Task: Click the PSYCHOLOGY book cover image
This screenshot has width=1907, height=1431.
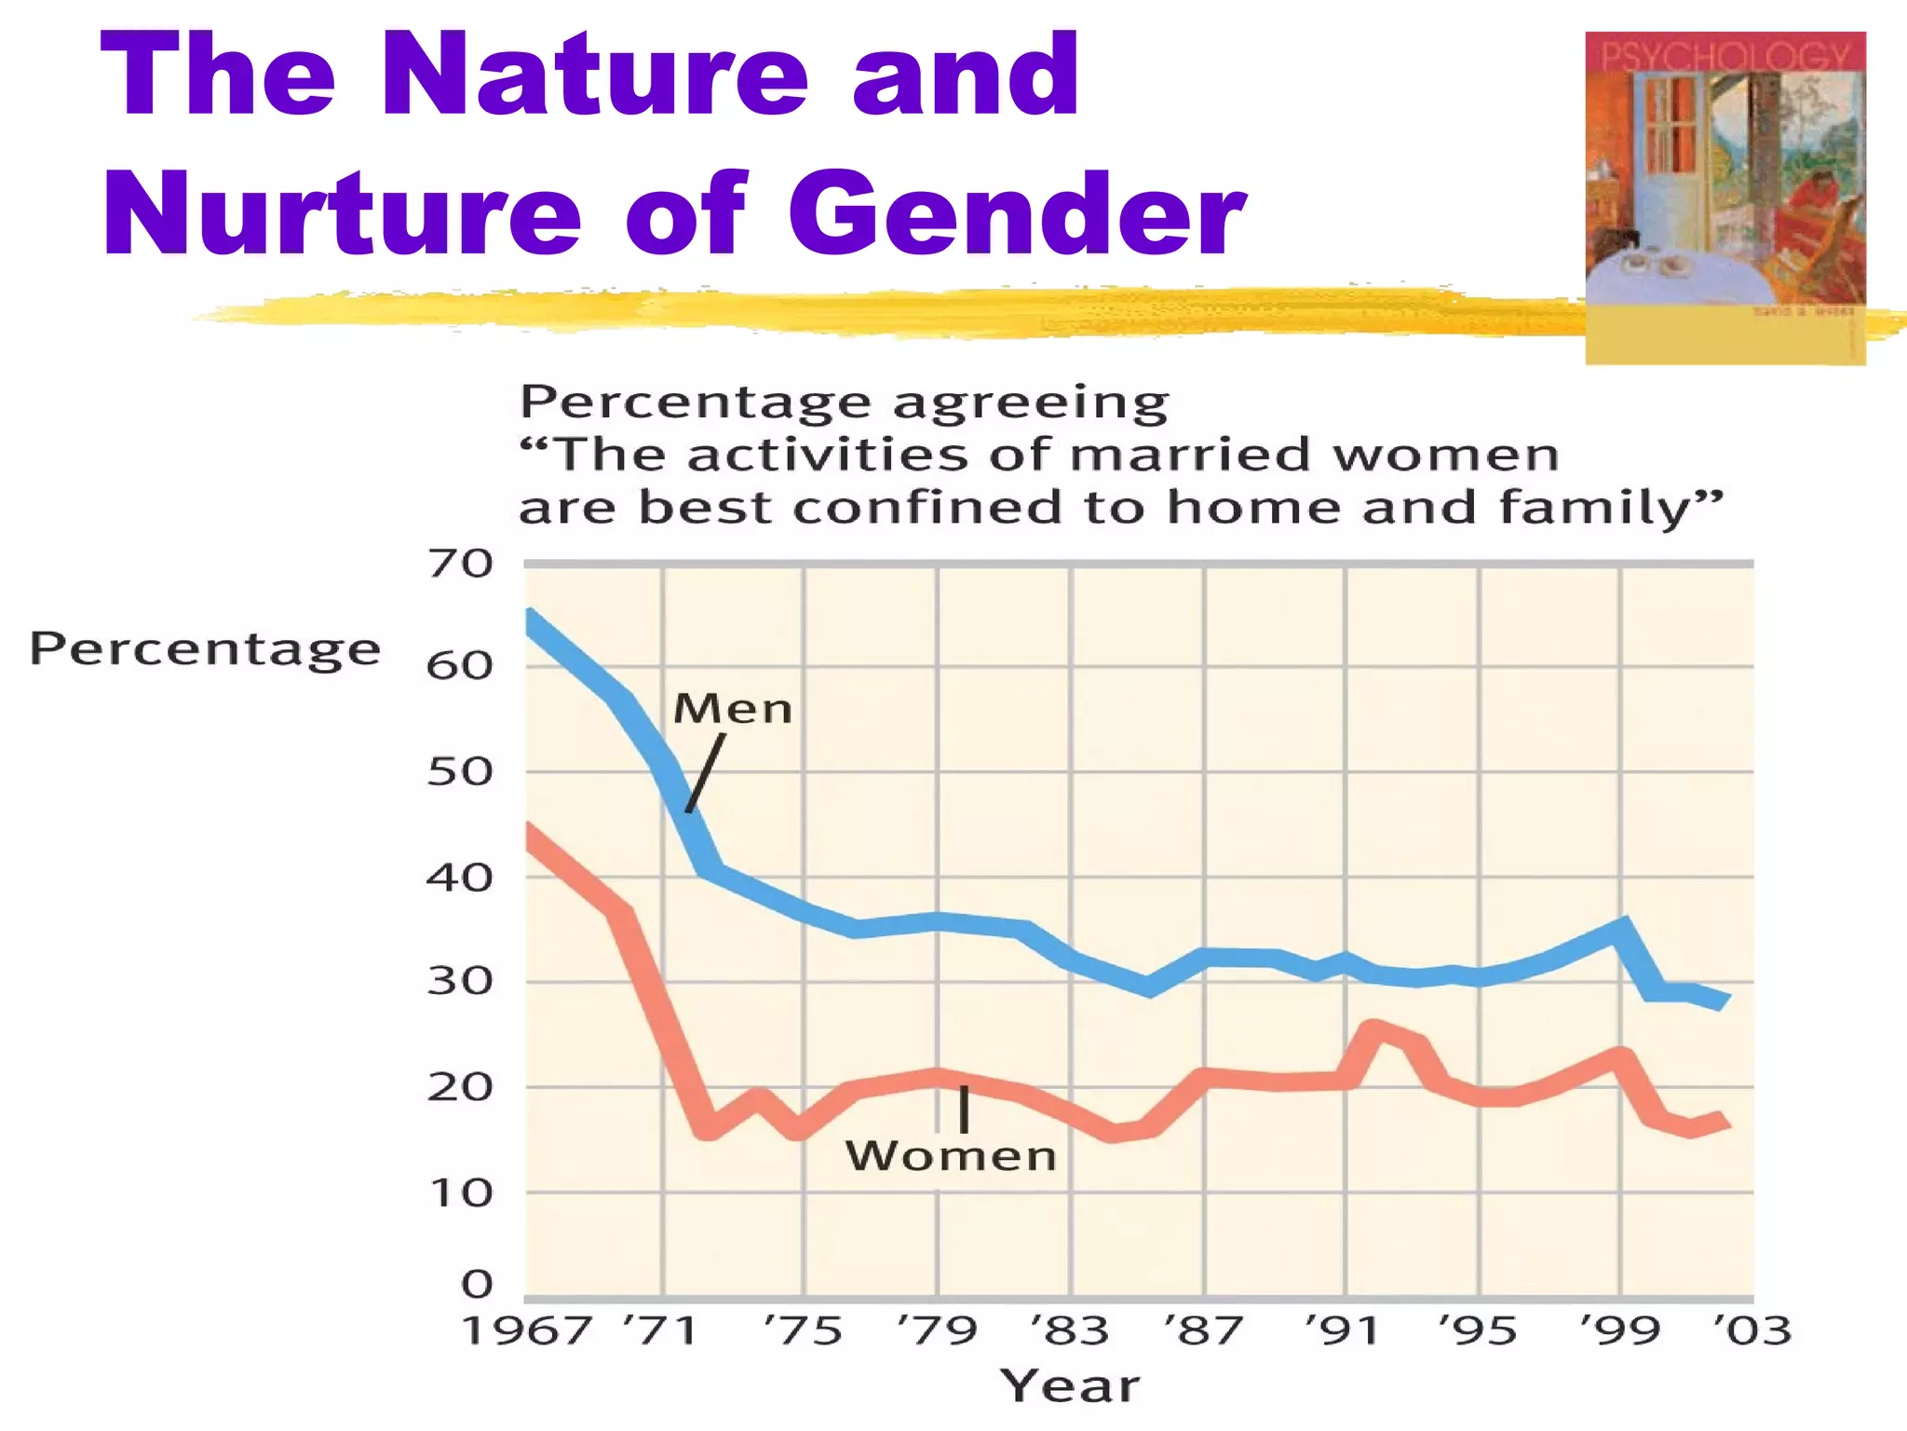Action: coord(1724,198)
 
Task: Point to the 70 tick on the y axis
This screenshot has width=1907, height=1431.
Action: coord(460,565)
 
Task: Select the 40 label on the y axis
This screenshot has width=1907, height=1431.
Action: coord(460,878)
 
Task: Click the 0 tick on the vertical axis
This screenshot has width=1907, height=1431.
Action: coord(477,1284)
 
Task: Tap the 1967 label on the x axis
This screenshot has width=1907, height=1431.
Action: coord(527,1330)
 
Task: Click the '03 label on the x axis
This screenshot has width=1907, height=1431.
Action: coord(1752,1330)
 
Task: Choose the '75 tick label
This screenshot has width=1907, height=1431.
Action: coord(803,1330)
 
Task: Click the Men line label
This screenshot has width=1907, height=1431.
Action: coord(733,709)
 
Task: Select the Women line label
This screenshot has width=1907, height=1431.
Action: coord(951,1156)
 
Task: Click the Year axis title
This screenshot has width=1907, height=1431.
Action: coord(1070,1386)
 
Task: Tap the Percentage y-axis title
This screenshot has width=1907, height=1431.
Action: coord(205,648)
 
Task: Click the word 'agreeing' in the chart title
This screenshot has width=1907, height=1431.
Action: coord(1030,404)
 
